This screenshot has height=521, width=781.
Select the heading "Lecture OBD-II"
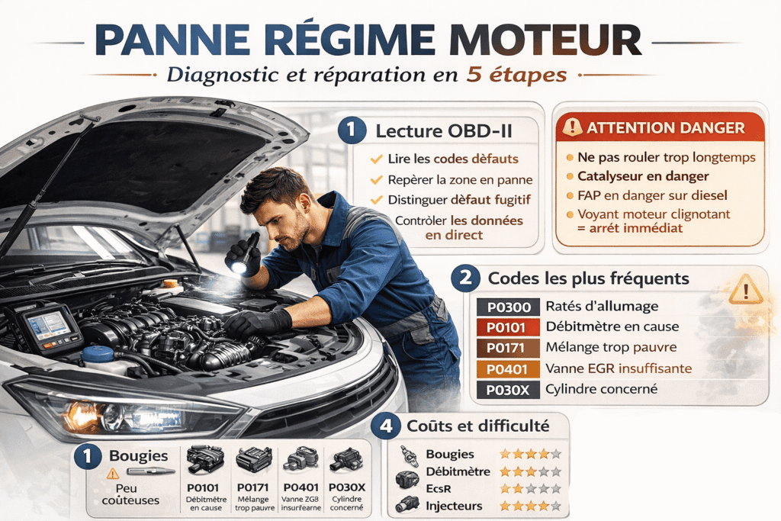click(x=443, y=130)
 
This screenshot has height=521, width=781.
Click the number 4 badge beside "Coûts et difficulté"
click(x=387, y=425)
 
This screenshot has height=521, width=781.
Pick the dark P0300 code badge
click(x=508, y=307)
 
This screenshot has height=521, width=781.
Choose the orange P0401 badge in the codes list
click(x=508, y=369)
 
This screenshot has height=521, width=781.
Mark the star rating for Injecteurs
click(x=529, y=506)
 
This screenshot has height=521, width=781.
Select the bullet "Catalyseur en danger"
click(x=642, y=176)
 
